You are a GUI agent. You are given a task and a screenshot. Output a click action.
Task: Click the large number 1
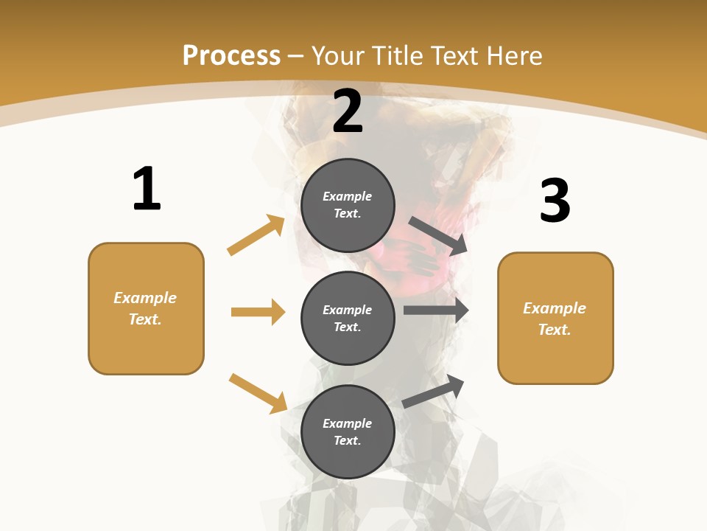point(147,190)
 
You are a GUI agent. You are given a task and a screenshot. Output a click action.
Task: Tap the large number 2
point(348,111)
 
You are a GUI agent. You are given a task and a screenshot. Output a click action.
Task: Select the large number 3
point(555,201)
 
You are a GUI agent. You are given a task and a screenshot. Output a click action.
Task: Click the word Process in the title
point(231,55)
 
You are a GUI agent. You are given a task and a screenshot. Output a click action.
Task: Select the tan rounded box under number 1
point(146,308)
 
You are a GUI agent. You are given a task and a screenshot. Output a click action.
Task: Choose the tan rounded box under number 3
point(555,318)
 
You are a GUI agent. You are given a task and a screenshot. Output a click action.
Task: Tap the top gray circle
point(348,205)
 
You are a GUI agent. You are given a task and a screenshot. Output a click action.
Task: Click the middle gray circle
point(348,318)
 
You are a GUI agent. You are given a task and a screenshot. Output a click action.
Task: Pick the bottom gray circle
point(348,431)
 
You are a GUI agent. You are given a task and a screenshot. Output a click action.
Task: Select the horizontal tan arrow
point(258,312)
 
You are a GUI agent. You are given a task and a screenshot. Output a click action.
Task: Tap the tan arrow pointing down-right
point(258,393)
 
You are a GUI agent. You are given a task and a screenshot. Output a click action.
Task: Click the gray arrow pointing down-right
point(438,236)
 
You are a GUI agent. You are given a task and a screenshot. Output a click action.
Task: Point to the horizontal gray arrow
point(436,310)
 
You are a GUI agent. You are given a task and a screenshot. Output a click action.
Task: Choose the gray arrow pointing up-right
point(434,391)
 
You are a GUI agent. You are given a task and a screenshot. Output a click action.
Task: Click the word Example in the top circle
point(348,196)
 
